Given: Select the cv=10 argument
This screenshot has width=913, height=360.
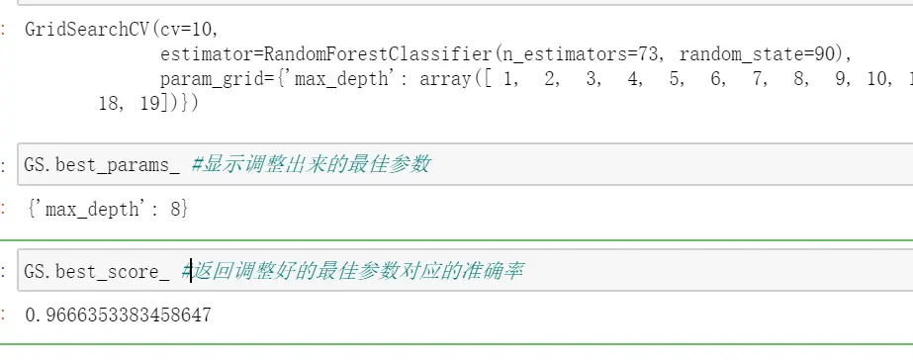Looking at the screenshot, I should click(x=171, y=29).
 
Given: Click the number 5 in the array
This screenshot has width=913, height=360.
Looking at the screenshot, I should click(x=677, y=78).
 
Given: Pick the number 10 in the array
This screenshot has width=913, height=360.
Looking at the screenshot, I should click(x=878, y=78).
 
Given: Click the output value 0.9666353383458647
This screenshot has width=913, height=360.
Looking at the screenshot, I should click(x=118, y=315).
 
